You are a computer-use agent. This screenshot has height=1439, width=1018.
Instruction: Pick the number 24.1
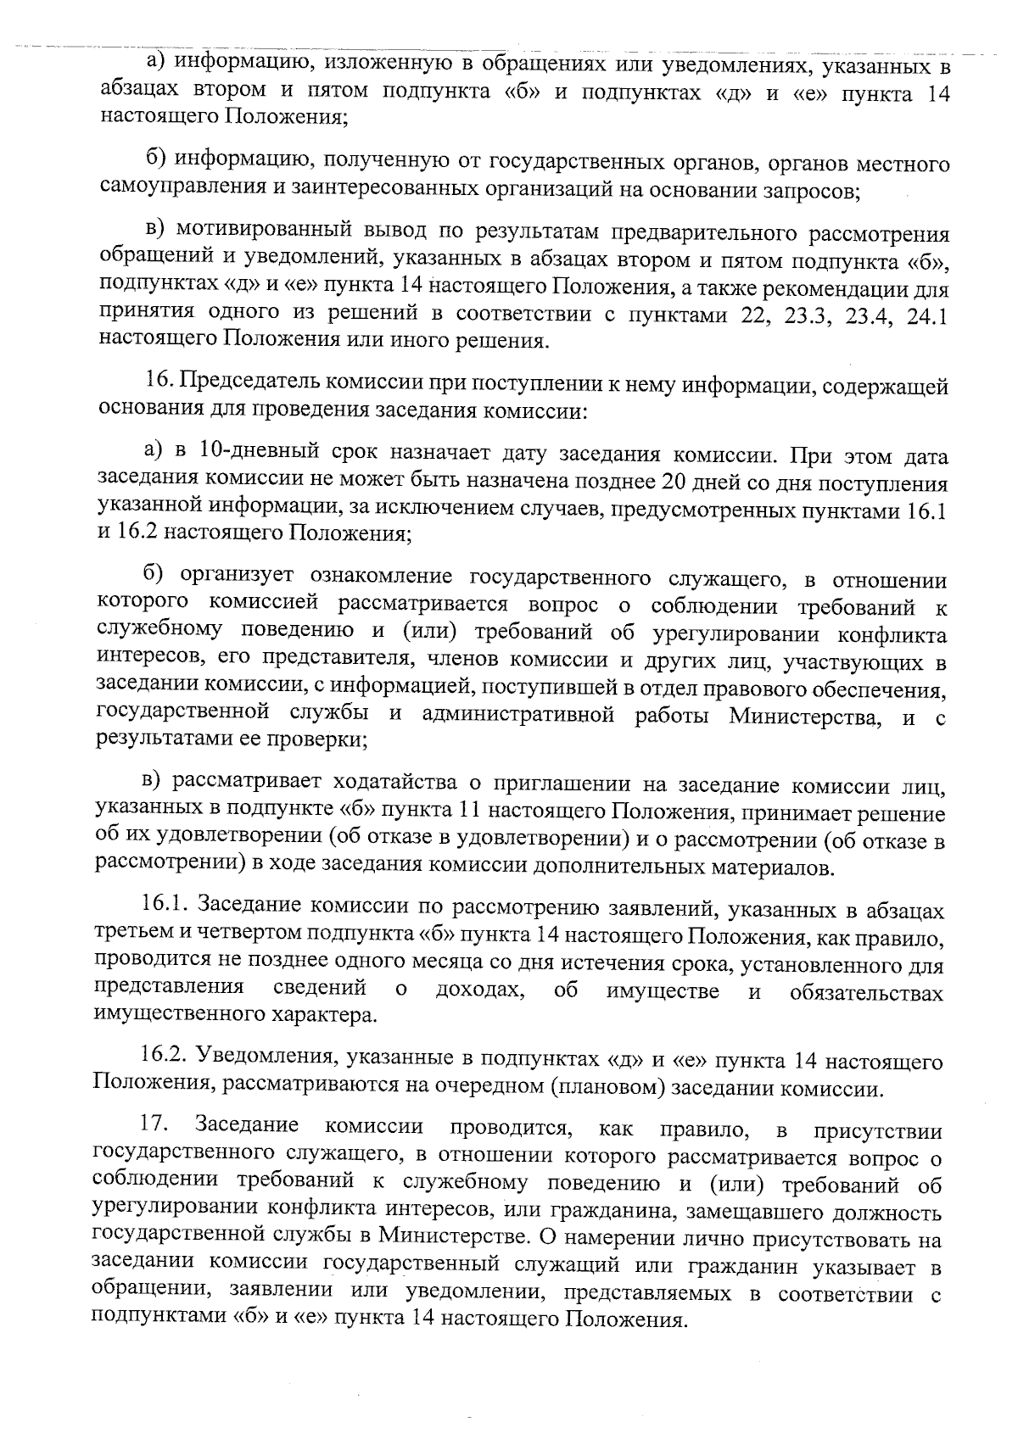928,315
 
